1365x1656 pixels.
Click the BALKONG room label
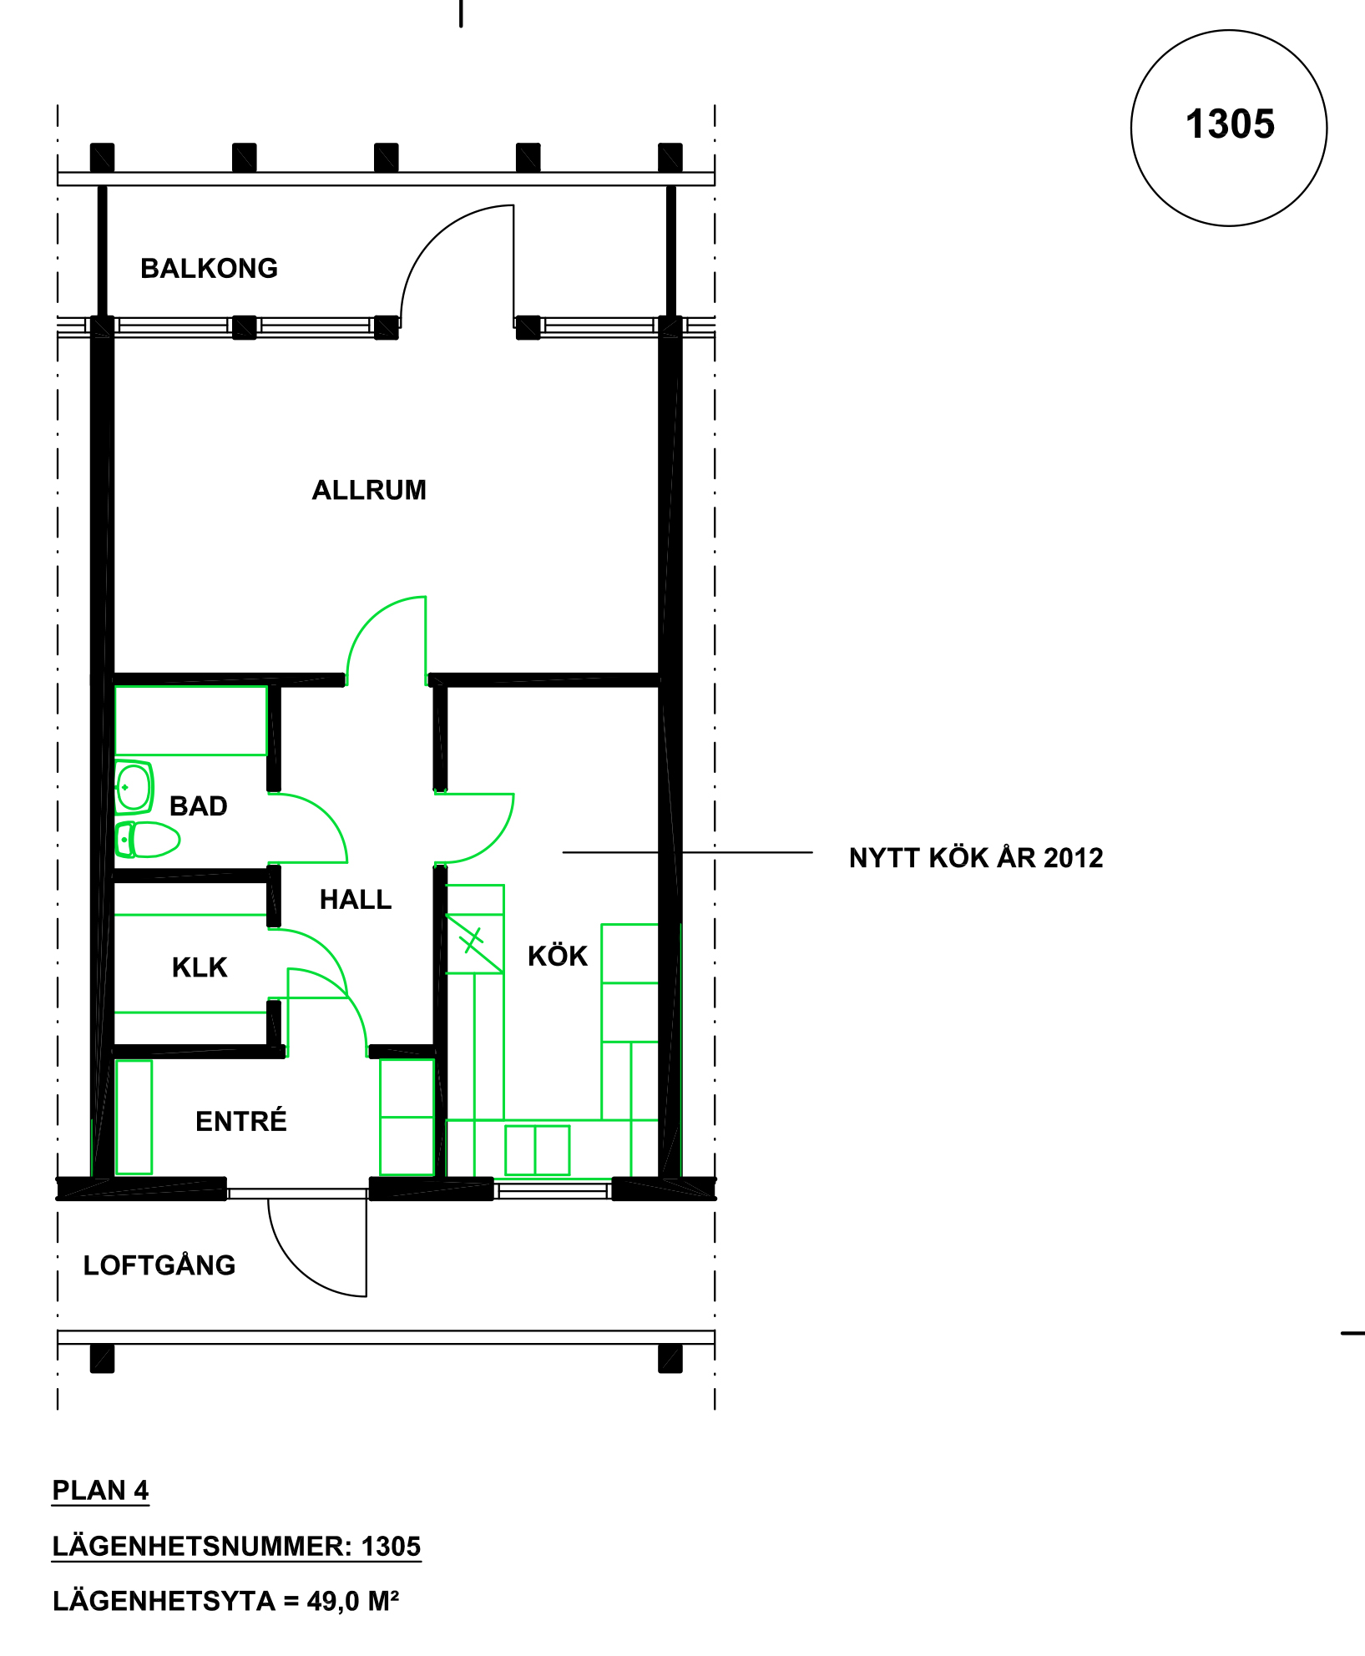click(x=209, y=269)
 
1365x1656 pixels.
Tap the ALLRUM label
click(x=369, y=490)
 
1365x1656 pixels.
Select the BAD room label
click(x=199, y=806)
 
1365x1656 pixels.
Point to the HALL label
click(x=356, y=900)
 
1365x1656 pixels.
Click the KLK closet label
click(x=200, y=967)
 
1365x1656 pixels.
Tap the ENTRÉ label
click(x=241, y=1120)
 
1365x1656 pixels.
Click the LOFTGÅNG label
click(x=159, y=1265)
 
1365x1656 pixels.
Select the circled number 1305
click(x=1230, y=124)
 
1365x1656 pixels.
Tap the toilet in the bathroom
click(x=148, y=840)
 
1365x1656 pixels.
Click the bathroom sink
click(x=134, y=786)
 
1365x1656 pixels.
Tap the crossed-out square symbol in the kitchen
click(x=474, y=944)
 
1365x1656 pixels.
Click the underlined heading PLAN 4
click(x=100, y=1491)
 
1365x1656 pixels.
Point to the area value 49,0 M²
click(x=353, y=1601)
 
